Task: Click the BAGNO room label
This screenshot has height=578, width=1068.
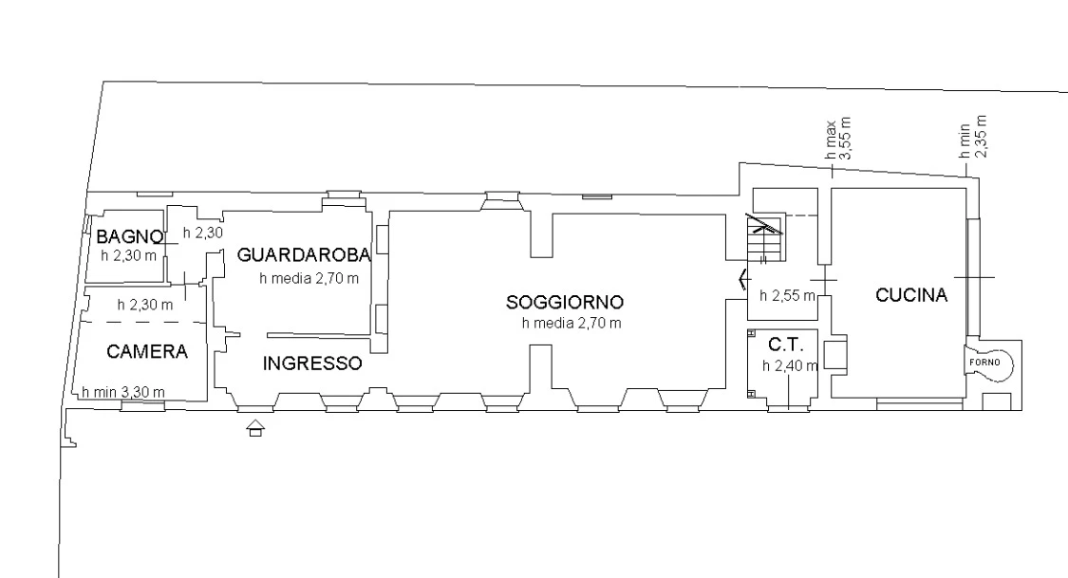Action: coord(129,237)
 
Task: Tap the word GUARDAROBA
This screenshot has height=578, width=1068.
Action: coord(304,255)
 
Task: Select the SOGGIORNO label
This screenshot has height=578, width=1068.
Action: coord(565,302)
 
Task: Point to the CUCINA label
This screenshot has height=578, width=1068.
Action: coord(911,295)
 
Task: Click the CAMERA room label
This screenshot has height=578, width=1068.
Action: coord(147,351)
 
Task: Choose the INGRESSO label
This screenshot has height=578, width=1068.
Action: coord(312,364)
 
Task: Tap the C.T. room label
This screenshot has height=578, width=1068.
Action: coord(785,345)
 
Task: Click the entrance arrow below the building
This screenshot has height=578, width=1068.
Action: coord(255,428)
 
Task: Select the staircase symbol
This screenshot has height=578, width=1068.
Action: coord(766,237)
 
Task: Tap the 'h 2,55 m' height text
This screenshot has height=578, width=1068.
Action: coord(787,296)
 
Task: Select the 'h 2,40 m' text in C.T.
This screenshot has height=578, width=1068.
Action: coord(790,366)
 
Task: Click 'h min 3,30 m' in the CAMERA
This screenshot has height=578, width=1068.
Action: coord(123,392)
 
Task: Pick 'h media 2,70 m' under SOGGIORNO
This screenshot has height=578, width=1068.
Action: coord(571,324)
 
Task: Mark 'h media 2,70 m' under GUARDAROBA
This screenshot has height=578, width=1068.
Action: coord(309,278)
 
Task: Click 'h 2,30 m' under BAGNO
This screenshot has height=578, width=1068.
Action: coord(129,256)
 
